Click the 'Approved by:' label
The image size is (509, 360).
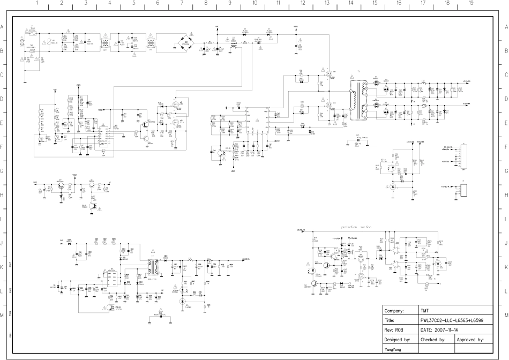pos(470,340)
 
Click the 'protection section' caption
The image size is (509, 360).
pos(356,227)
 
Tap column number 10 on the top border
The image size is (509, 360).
pos(254,3)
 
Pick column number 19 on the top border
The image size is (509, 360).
pos(471,3)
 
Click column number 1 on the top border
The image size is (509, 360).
pos(36,3)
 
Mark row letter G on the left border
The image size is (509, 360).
pos(3,171)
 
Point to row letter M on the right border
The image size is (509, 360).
pos(506,315)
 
